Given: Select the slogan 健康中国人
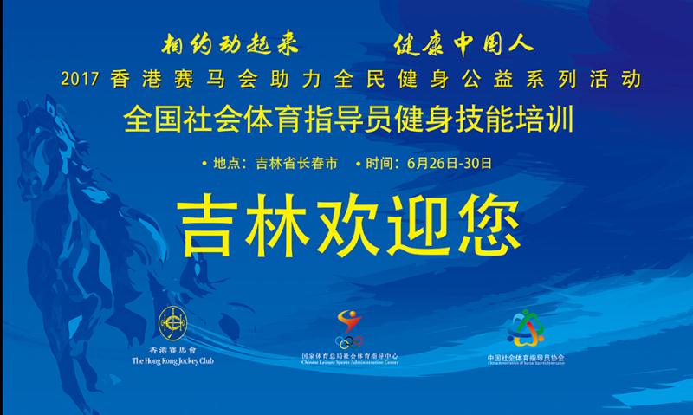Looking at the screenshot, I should (463, 43).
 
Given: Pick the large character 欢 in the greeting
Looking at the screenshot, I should (348, 226).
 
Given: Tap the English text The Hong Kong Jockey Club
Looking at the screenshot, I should (172, 360).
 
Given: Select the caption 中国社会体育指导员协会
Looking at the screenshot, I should (525, 356).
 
